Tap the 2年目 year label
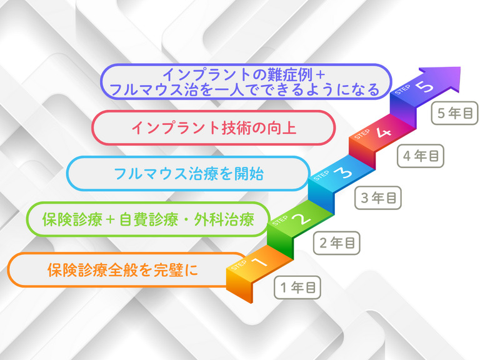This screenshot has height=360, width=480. click(x=337, y=242)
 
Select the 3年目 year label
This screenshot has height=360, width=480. click(x=378, y=198)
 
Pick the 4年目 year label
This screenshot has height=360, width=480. click(x=421, y=156)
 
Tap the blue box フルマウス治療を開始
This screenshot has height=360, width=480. click(x=188, y=173)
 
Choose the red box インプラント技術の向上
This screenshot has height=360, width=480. click(x=212, y=128)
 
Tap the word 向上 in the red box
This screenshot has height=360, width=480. click(x=279, y=128)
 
